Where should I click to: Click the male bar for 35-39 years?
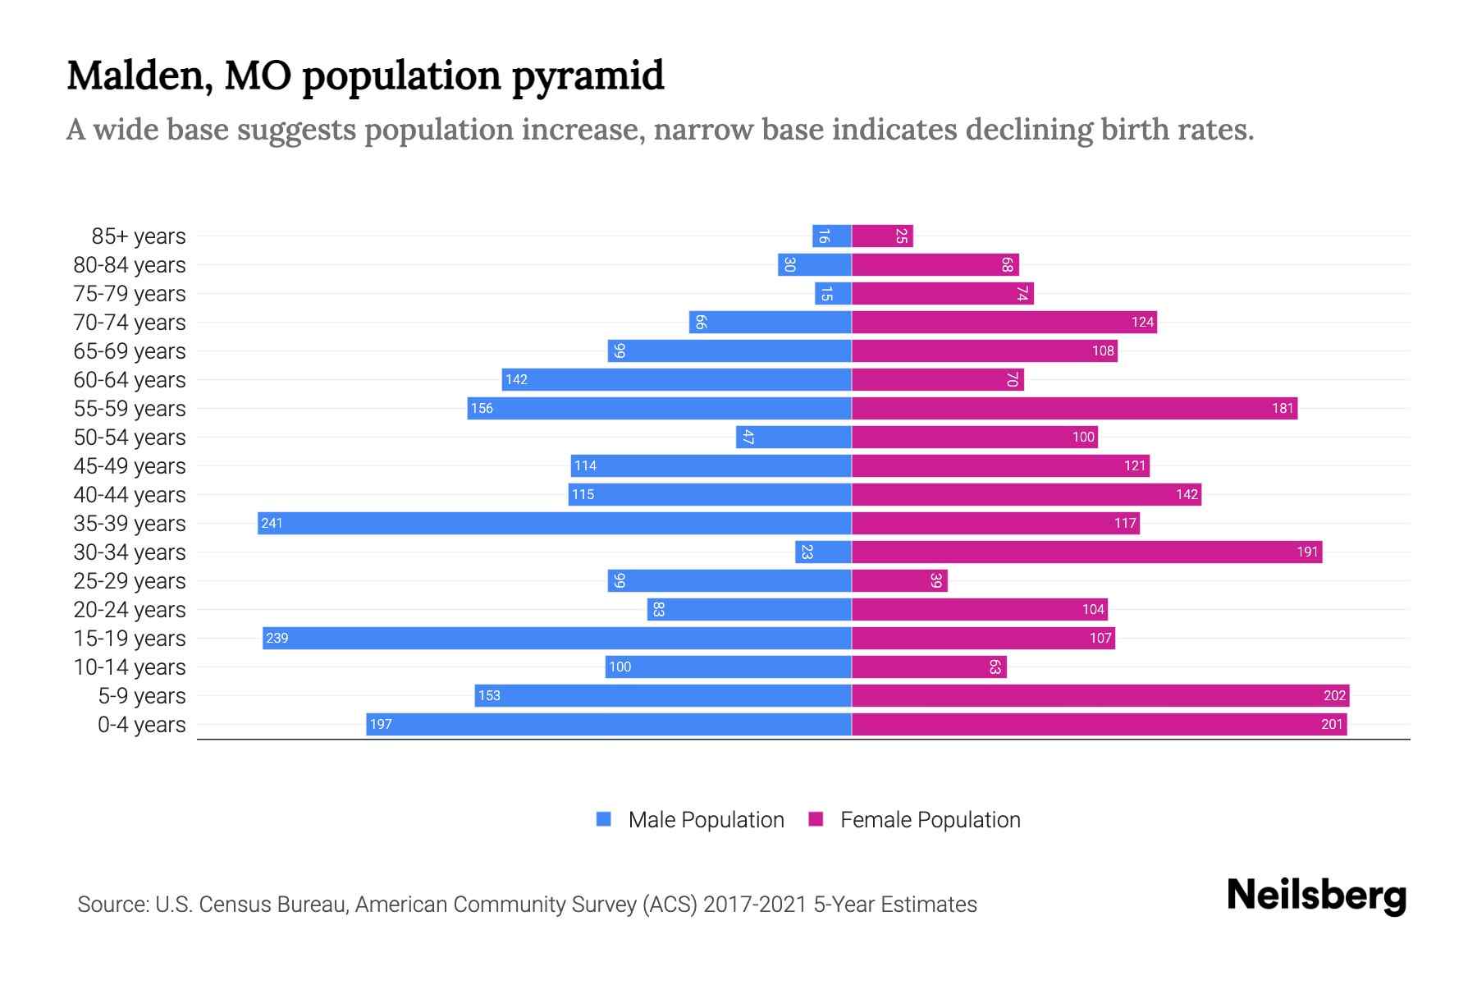tap(554, 523)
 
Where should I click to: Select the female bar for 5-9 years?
tap(1100, 695)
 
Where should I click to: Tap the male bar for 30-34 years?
tap(823, 552)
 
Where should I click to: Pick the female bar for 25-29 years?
tap(899, 580)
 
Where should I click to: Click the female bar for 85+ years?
tap(882, 236)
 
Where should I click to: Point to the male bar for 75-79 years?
tap(833, 293)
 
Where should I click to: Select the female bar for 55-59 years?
tap(1074, 408)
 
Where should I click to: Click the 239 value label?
tap(277, 638)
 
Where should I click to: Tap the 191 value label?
tap(1307, 552)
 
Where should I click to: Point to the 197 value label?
tap(381, 724)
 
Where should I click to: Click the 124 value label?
tap(1142, 322)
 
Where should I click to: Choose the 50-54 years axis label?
tap(130, 437)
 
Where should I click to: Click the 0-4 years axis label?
tap(141, 724)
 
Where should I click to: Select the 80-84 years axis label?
tap(130, 264)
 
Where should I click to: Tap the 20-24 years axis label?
tap(130, 609)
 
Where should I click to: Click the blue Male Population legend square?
tap(604, 819)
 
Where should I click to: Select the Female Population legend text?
tap(930, 819)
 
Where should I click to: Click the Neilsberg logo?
tap(1316, 896)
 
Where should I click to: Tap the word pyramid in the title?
tap(588, 76)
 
